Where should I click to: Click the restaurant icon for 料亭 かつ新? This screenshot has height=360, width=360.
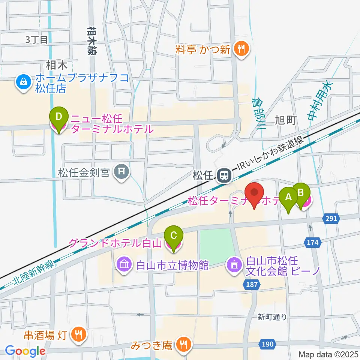tap(240, 49)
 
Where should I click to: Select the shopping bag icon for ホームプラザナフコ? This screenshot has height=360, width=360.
tap(23, 82)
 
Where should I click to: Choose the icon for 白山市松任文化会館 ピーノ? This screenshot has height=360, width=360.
tap(235, 265)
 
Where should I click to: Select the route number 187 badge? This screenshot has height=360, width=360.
tap(252, 285)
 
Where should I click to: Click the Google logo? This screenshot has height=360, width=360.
tap(25, 351)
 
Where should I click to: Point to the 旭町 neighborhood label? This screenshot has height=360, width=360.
tap(286, 120)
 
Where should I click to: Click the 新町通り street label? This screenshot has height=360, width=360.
tap(272, 317)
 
